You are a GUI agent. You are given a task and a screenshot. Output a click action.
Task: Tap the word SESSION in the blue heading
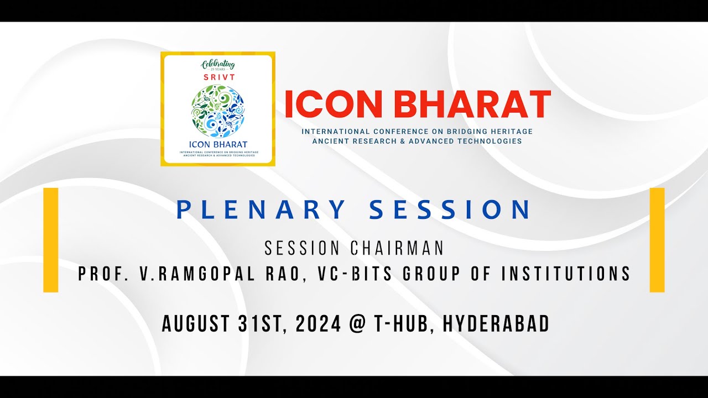[x=449, y=210]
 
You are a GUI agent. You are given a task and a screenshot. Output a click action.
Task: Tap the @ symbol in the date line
[x=357, y=324]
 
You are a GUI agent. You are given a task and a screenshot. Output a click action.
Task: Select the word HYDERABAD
[x=496, y=324]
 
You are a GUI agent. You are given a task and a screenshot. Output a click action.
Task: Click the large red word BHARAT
[x=475, y=104]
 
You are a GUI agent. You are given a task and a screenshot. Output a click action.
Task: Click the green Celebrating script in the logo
[x=218, y=63]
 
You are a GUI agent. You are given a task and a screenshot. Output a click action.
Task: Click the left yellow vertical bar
[x=51, y=239]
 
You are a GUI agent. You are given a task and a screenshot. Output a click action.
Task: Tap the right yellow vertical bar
[x=657, y=239]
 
